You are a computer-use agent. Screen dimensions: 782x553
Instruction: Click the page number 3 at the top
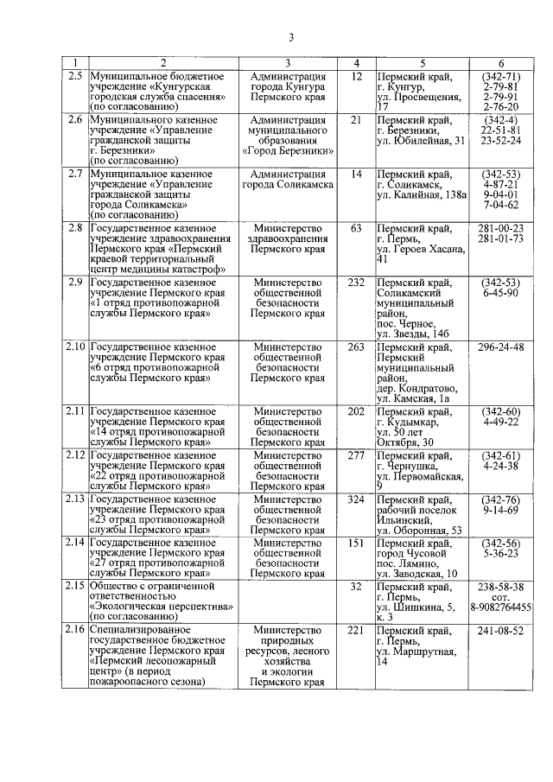coord(291,36)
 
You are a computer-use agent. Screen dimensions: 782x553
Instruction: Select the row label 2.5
coord(76,76)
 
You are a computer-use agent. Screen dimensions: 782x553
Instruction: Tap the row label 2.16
coord(76,631)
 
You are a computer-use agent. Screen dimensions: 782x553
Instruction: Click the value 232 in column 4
coord(355,283)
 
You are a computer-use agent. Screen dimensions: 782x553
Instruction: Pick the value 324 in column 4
coord(355,499)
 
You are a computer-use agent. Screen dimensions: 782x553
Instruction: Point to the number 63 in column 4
coord(355,228)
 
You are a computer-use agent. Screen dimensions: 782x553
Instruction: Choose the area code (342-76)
coord(500,499)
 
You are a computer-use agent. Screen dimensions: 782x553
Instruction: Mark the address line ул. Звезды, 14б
coord(414,334)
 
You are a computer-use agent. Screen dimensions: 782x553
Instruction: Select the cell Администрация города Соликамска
coord(286,179)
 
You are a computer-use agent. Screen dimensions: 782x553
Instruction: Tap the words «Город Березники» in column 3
coord(286,151)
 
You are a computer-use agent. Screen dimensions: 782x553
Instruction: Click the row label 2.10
coord(76,347)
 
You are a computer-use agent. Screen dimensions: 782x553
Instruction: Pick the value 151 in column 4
coord(355,543)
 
